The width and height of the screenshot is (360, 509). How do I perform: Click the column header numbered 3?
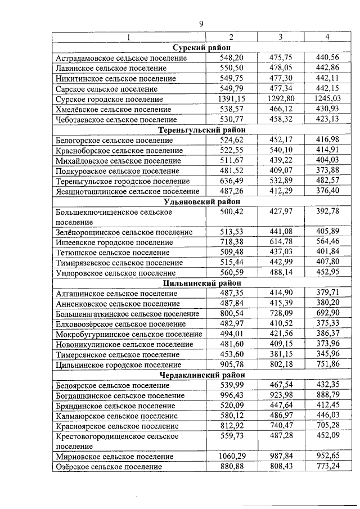point(280,37)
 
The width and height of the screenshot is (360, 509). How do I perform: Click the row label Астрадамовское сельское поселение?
point(121,58)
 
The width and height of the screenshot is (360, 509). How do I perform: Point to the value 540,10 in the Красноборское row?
point(280,151)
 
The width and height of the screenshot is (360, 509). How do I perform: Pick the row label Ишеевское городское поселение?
point(115,242)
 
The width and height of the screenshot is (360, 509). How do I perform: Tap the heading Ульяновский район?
point(200,201)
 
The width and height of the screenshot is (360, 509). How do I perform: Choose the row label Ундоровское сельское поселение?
point(116,273)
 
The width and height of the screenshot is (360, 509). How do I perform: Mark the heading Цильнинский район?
point(200,283)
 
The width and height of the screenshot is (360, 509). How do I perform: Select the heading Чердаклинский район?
point(200,375)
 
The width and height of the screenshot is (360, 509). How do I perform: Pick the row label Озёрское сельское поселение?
point(109,467)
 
